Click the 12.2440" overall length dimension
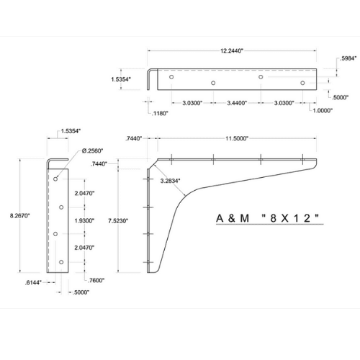pos(232,51)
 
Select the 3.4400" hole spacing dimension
pos(237,103)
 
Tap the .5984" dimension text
pos(348,58)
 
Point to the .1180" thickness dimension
pos(160,113)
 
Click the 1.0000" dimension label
pos(323,110)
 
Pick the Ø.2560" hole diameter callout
pos(92,150)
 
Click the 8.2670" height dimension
pos(19,215)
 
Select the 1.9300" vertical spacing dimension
pos(84,220)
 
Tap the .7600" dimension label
pos(96,280)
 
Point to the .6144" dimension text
pos(33,283)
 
